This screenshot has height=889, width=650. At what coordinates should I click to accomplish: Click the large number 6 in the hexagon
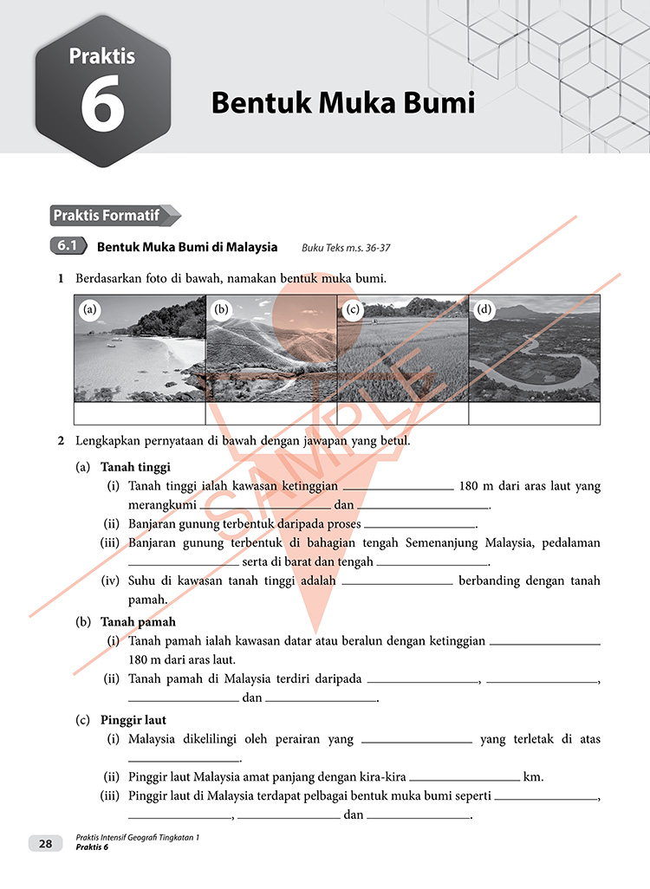pos(102,107)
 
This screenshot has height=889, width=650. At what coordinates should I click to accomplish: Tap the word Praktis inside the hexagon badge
pos(102,56)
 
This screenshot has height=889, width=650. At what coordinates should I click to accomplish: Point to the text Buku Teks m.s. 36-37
pos(346,248)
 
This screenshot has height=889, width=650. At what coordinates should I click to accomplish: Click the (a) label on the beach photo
pos(89,309)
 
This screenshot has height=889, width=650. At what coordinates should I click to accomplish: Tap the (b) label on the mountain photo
pos(221,309)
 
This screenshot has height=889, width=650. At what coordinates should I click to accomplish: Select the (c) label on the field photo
pos(353,309)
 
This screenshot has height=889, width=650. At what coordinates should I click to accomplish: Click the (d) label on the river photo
pos(484,309)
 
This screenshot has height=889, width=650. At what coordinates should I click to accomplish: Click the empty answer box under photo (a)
pos(140,414)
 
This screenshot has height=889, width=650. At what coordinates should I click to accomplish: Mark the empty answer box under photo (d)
pos(534,414)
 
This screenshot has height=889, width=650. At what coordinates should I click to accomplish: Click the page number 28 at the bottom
pos(45,843)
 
